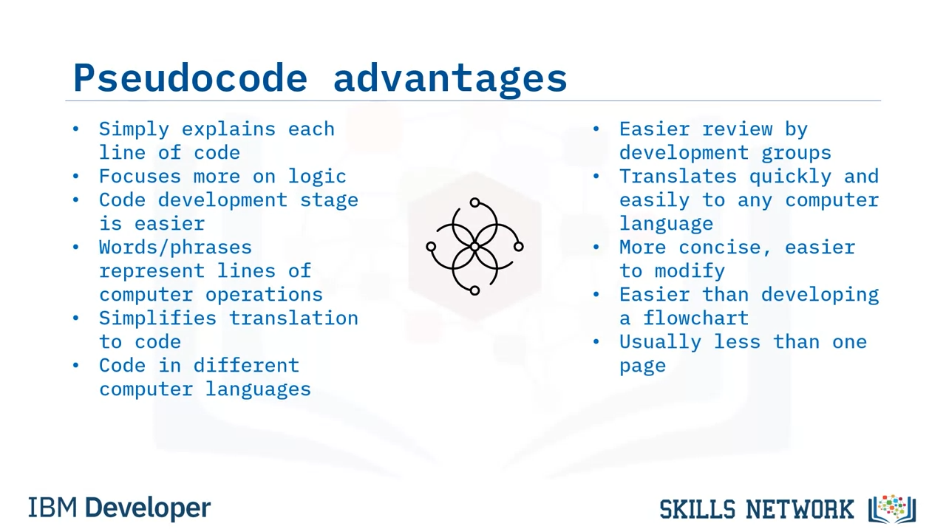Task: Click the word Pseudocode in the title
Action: click(190, 78)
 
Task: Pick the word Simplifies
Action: click(157, 318)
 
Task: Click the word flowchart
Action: click(695, 318)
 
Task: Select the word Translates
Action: click(678, 177)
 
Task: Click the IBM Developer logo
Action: click(119, 508)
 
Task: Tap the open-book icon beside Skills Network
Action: click(892, 509)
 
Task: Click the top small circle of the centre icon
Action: click(474, 202)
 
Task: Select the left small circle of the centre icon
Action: click(431, 247)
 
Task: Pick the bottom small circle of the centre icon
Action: click(474, 290)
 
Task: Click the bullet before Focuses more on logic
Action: click(75, 176)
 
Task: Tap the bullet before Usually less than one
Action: click(596, 341)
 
